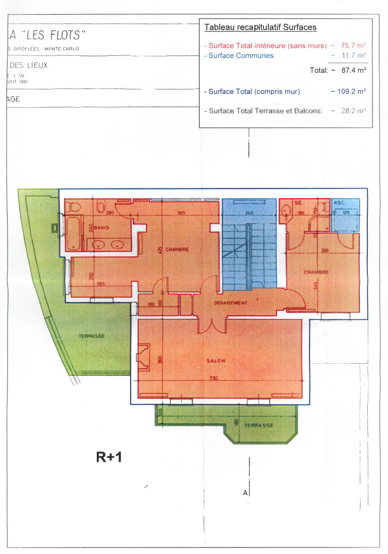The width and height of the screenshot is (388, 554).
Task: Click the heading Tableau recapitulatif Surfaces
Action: (260, 27)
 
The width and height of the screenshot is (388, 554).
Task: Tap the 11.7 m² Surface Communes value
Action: (354, 55)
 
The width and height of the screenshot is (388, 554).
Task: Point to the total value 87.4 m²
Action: (353, 70)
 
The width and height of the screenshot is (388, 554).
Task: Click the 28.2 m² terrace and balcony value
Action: (354, 111)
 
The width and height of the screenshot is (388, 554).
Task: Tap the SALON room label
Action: (216, 361)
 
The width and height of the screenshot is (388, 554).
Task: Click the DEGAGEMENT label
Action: (230, 303)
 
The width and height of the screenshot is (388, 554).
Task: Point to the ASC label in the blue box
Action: (339, 203)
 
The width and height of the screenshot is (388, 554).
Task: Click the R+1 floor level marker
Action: (109, 456)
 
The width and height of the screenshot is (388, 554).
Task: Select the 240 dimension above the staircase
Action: (249, 213)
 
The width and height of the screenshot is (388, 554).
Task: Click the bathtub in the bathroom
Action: (74, 233)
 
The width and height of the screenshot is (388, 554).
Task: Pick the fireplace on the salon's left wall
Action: (143, 356)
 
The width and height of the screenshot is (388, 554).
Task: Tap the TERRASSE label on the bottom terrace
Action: (258, 425)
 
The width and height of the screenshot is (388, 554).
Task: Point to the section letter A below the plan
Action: (245, 493)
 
